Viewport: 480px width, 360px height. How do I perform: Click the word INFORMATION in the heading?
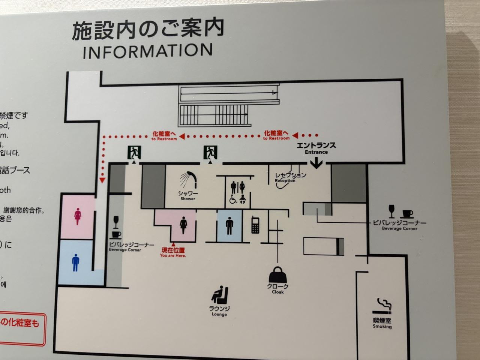point(148,51)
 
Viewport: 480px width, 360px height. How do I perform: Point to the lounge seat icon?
point(220,295)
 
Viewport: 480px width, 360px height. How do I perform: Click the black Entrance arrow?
point(317,163)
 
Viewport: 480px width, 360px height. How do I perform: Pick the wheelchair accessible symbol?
point(233,199)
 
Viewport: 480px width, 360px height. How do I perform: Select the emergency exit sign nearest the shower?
point(210,152)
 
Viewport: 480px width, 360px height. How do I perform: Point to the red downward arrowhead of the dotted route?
point(102,181)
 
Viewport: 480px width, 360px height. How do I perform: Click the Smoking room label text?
point(382,323)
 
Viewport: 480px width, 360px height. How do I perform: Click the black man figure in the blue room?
point(229,226)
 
